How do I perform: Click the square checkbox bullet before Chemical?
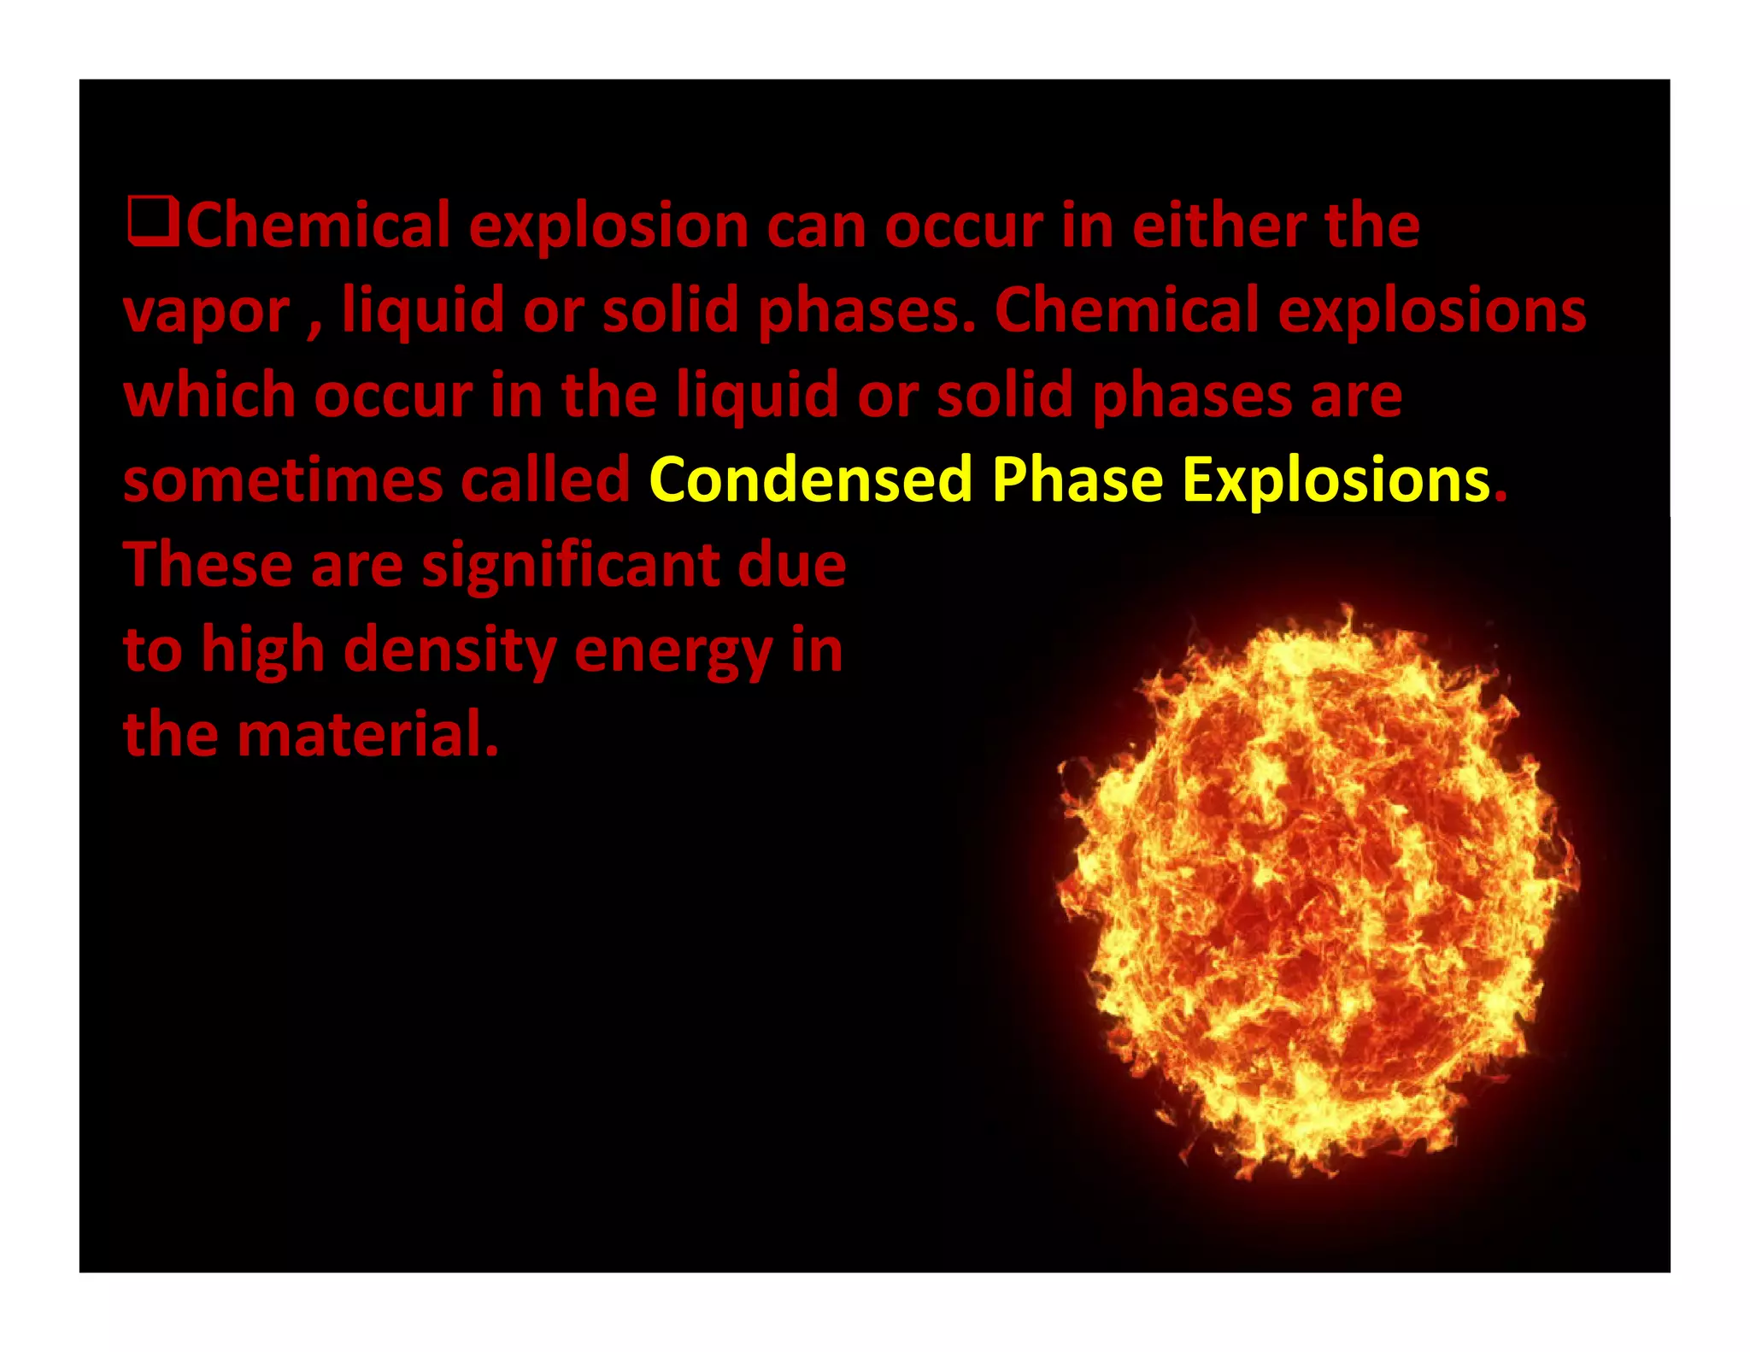click(152, 222)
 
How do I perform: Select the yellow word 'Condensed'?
click(811, 479)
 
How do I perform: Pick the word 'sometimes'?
click(283, 481)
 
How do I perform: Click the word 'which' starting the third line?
click(210, 396)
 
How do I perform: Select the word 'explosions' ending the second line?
click(1432, 313)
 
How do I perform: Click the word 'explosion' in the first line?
click(608, 228)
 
